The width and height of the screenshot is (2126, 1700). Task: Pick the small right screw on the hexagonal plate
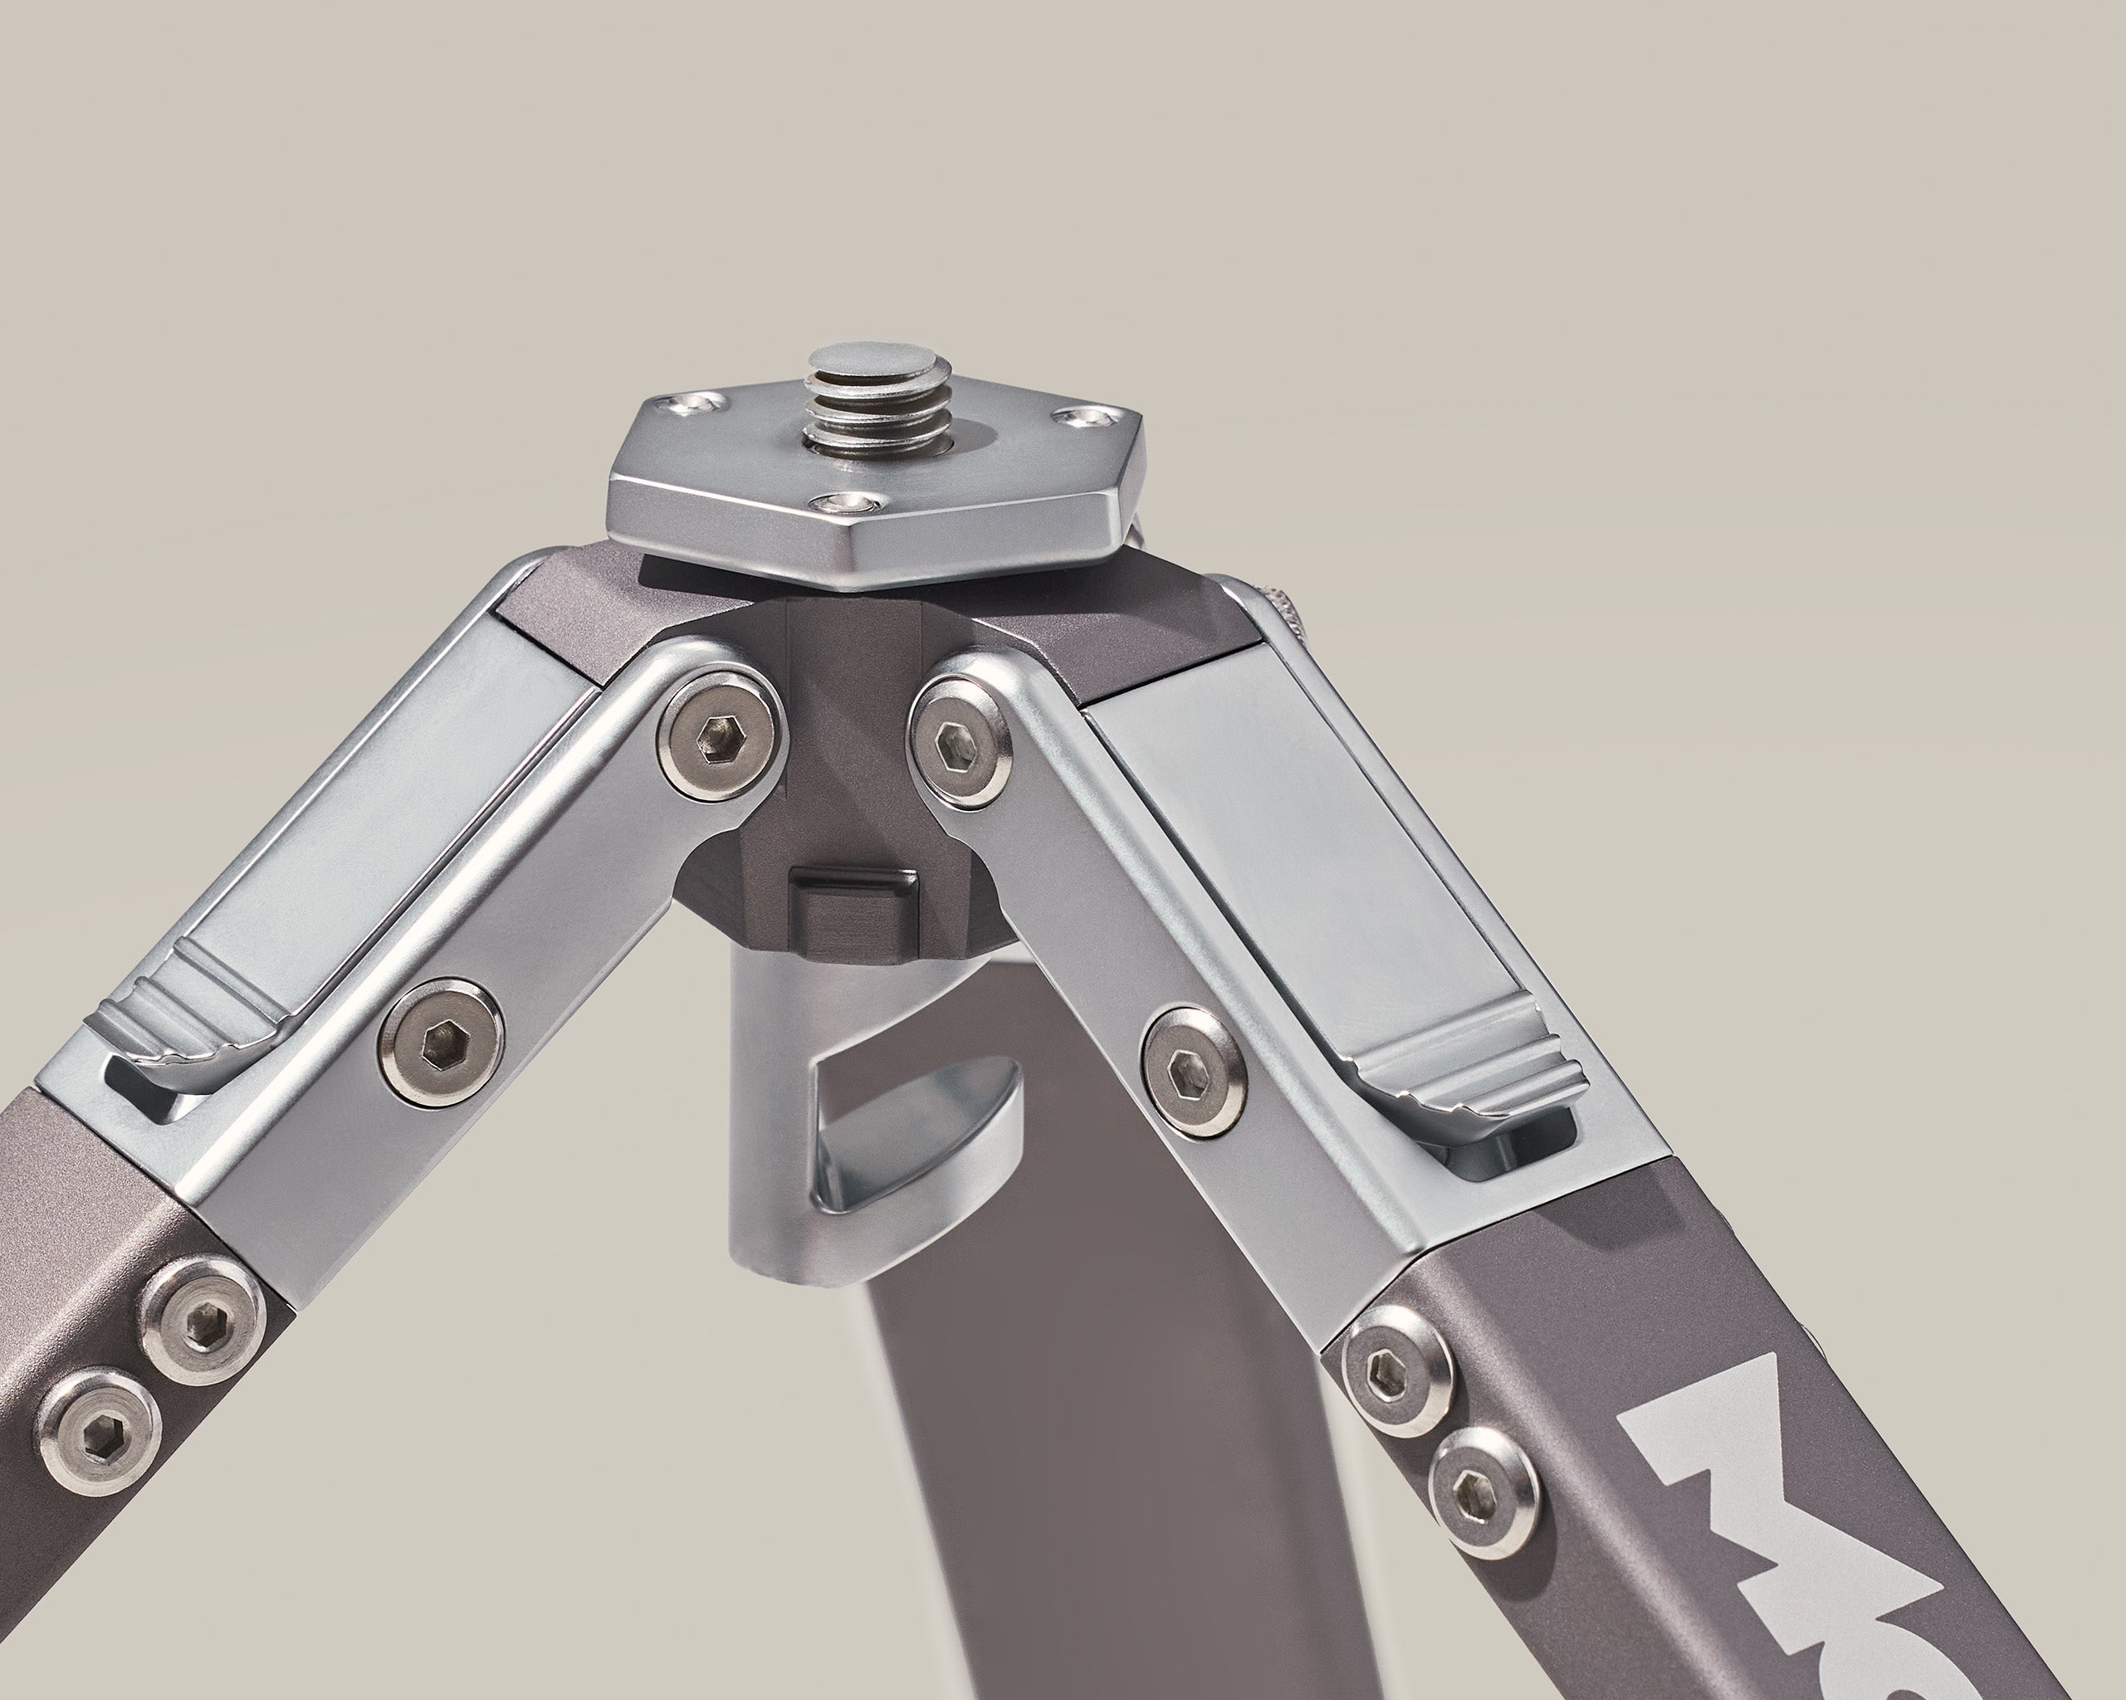[x=1080, y=418]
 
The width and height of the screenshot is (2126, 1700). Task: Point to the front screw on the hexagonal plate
[x=849, y=505]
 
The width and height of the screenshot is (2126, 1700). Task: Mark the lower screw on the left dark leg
[x=99, y=1416]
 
